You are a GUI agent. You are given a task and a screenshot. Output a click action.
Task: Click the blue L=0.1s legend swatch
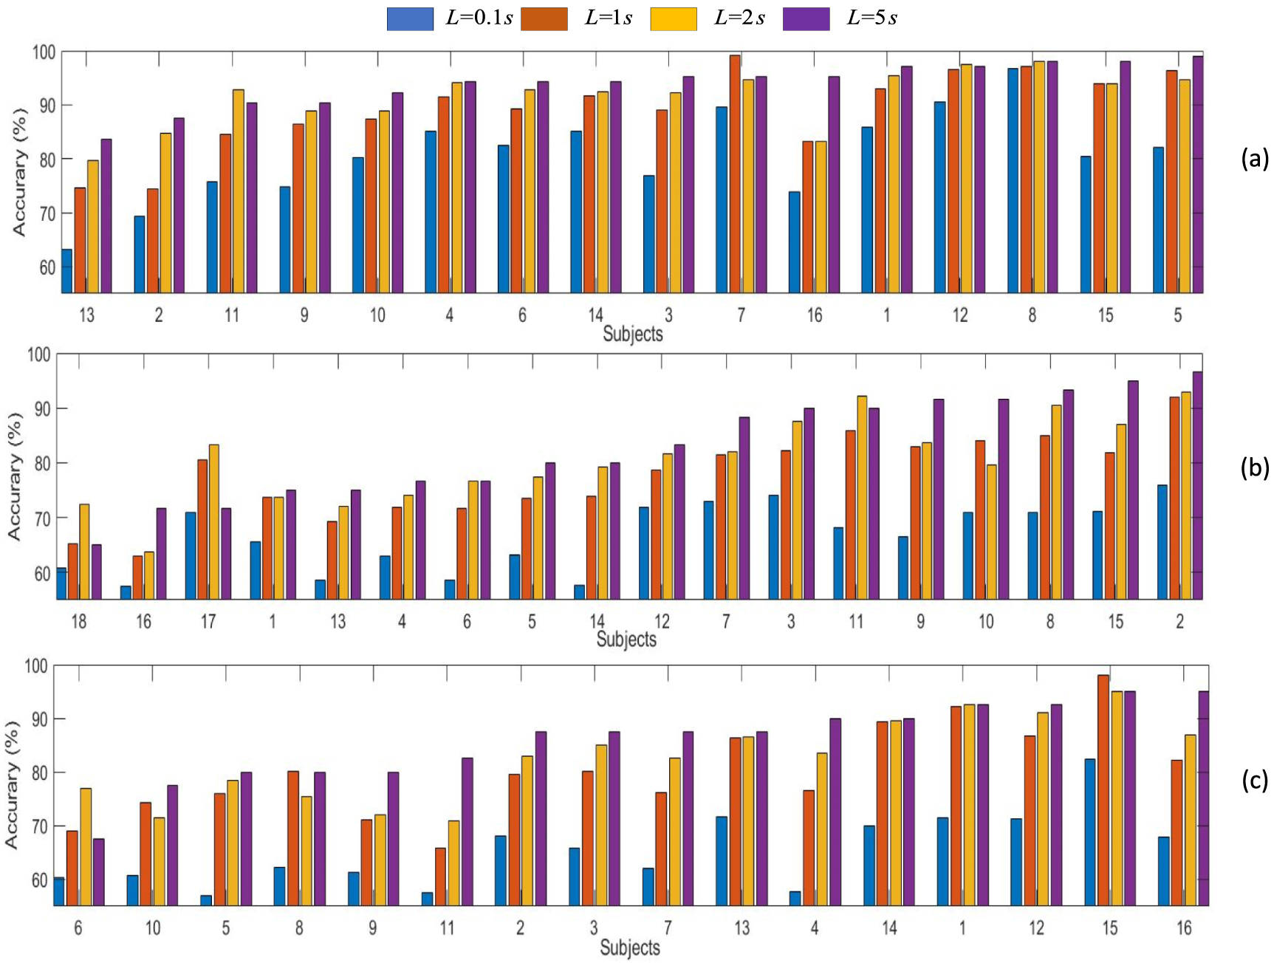410,18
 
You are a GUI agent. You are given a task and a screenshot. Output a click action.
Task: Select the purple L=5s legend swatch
806,18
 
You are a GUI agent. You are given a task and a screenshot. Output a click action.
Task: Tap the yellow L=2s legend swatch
673,18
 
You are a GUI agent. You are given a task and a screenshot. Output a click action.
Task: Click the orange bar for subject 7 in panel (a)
735,174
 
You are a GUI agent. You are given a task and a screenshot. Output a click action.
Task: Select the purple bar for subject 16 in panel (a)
834,185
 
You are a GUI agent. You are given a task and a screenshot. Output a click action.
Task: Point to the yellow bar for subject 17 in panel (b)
213,521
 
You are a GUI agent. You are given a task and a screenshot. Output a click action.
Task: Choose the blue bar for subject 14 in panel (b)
580,592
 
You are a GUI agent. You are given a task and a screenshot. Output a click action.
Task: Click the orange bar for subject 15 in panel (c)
1103,789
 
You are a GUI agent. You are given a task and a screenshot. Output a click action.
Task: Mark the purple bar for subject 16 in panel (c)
1203,798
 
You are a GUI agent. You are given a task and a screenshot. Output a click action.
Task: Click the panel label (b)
1254,468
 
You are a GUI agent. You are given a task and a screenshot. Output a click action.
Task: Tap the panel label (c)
1254,780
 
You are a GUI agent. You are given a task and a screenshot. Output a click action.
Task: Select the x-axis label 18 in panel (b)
78,622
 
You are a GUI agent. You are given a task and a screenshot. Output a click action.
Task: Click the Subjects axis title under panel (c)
629,947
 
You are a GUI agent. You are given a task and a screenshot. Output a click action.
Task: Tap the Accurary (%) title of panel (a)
19,172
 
